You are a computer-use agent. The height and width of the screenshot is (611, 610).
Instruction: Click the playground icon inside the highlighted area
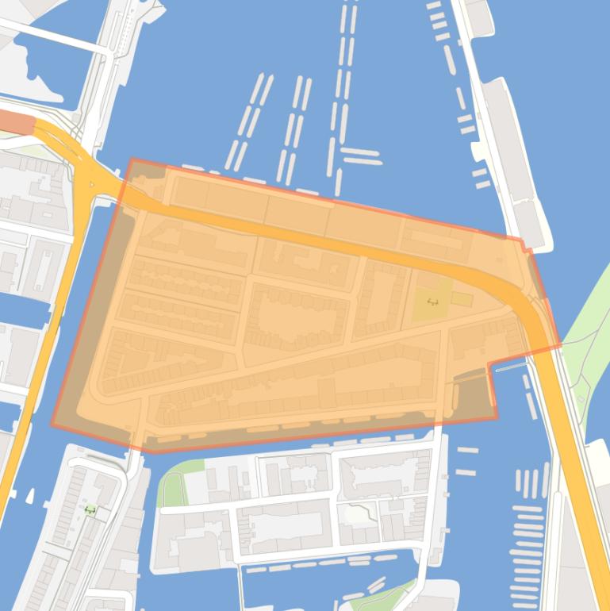[x=432, y=302]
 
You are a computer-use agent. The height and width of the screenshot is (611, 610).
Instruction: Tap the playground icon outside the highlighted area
[x=90, y=510]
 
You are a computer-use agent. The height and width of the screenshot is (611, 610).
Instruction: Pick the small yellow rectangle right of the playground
[x=462, y=299]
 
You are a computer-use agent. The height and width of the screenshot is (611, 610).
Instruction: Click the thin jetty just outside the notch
[x=509, y=367]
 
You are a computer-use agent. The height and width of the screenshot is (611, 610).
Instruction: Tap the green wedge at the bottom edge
[x=389, y=596]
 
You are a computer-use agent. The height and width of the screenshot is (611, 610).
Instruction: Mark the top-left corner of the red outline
[x=131, y=159]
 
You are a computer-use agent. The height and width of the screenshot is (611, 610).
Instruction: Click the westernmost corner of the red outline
[x=52, y=425]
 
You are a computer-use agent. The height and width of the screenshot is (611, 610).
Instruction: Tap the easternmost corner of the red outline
[x=560, y=345]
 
